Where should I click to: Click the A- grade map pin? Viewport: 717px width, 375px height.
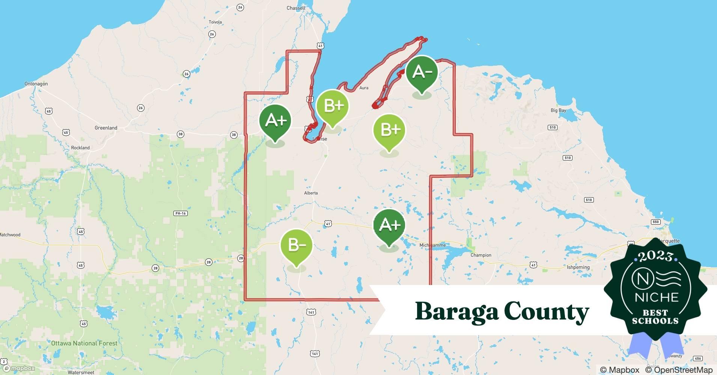pos(422,72)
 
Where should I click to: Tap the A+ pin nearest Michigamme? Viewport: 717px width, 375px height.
pos(389,225)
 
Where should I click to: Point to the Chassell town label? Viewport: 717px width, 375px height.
pos(296,8)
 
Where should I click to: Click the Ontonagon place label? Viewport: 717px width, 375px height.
pos(36,84)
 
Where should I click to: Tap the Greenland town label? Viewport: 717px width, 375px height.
pos(106,128)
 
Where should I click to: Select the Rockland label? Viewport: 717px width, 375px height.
pos(80,148)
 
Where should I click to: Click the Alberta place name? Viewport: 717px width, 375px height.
pos(311,193)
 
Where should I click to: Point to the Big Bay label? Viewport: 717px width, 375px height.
pos(558,110)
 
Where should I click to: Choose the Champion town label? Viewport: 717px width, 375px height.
pos(481,255)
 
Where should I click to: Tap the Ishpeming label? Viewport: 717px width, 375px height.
pos(578,267)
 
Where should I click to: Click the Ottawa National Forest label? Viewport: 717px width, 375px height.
pos(84,343)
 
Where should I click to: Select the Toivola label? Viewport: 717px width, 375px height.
pos(215,22)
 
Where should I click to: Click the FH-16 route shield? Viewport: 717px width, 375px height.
pos(181,213)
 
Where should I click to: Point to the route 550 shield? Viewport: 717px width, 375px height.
pos(655,222)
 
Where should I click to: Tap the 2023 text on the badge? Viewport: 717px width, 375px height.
pos(655,256)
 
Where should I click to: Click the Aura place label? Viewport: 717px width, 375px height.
pos(364,88)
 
